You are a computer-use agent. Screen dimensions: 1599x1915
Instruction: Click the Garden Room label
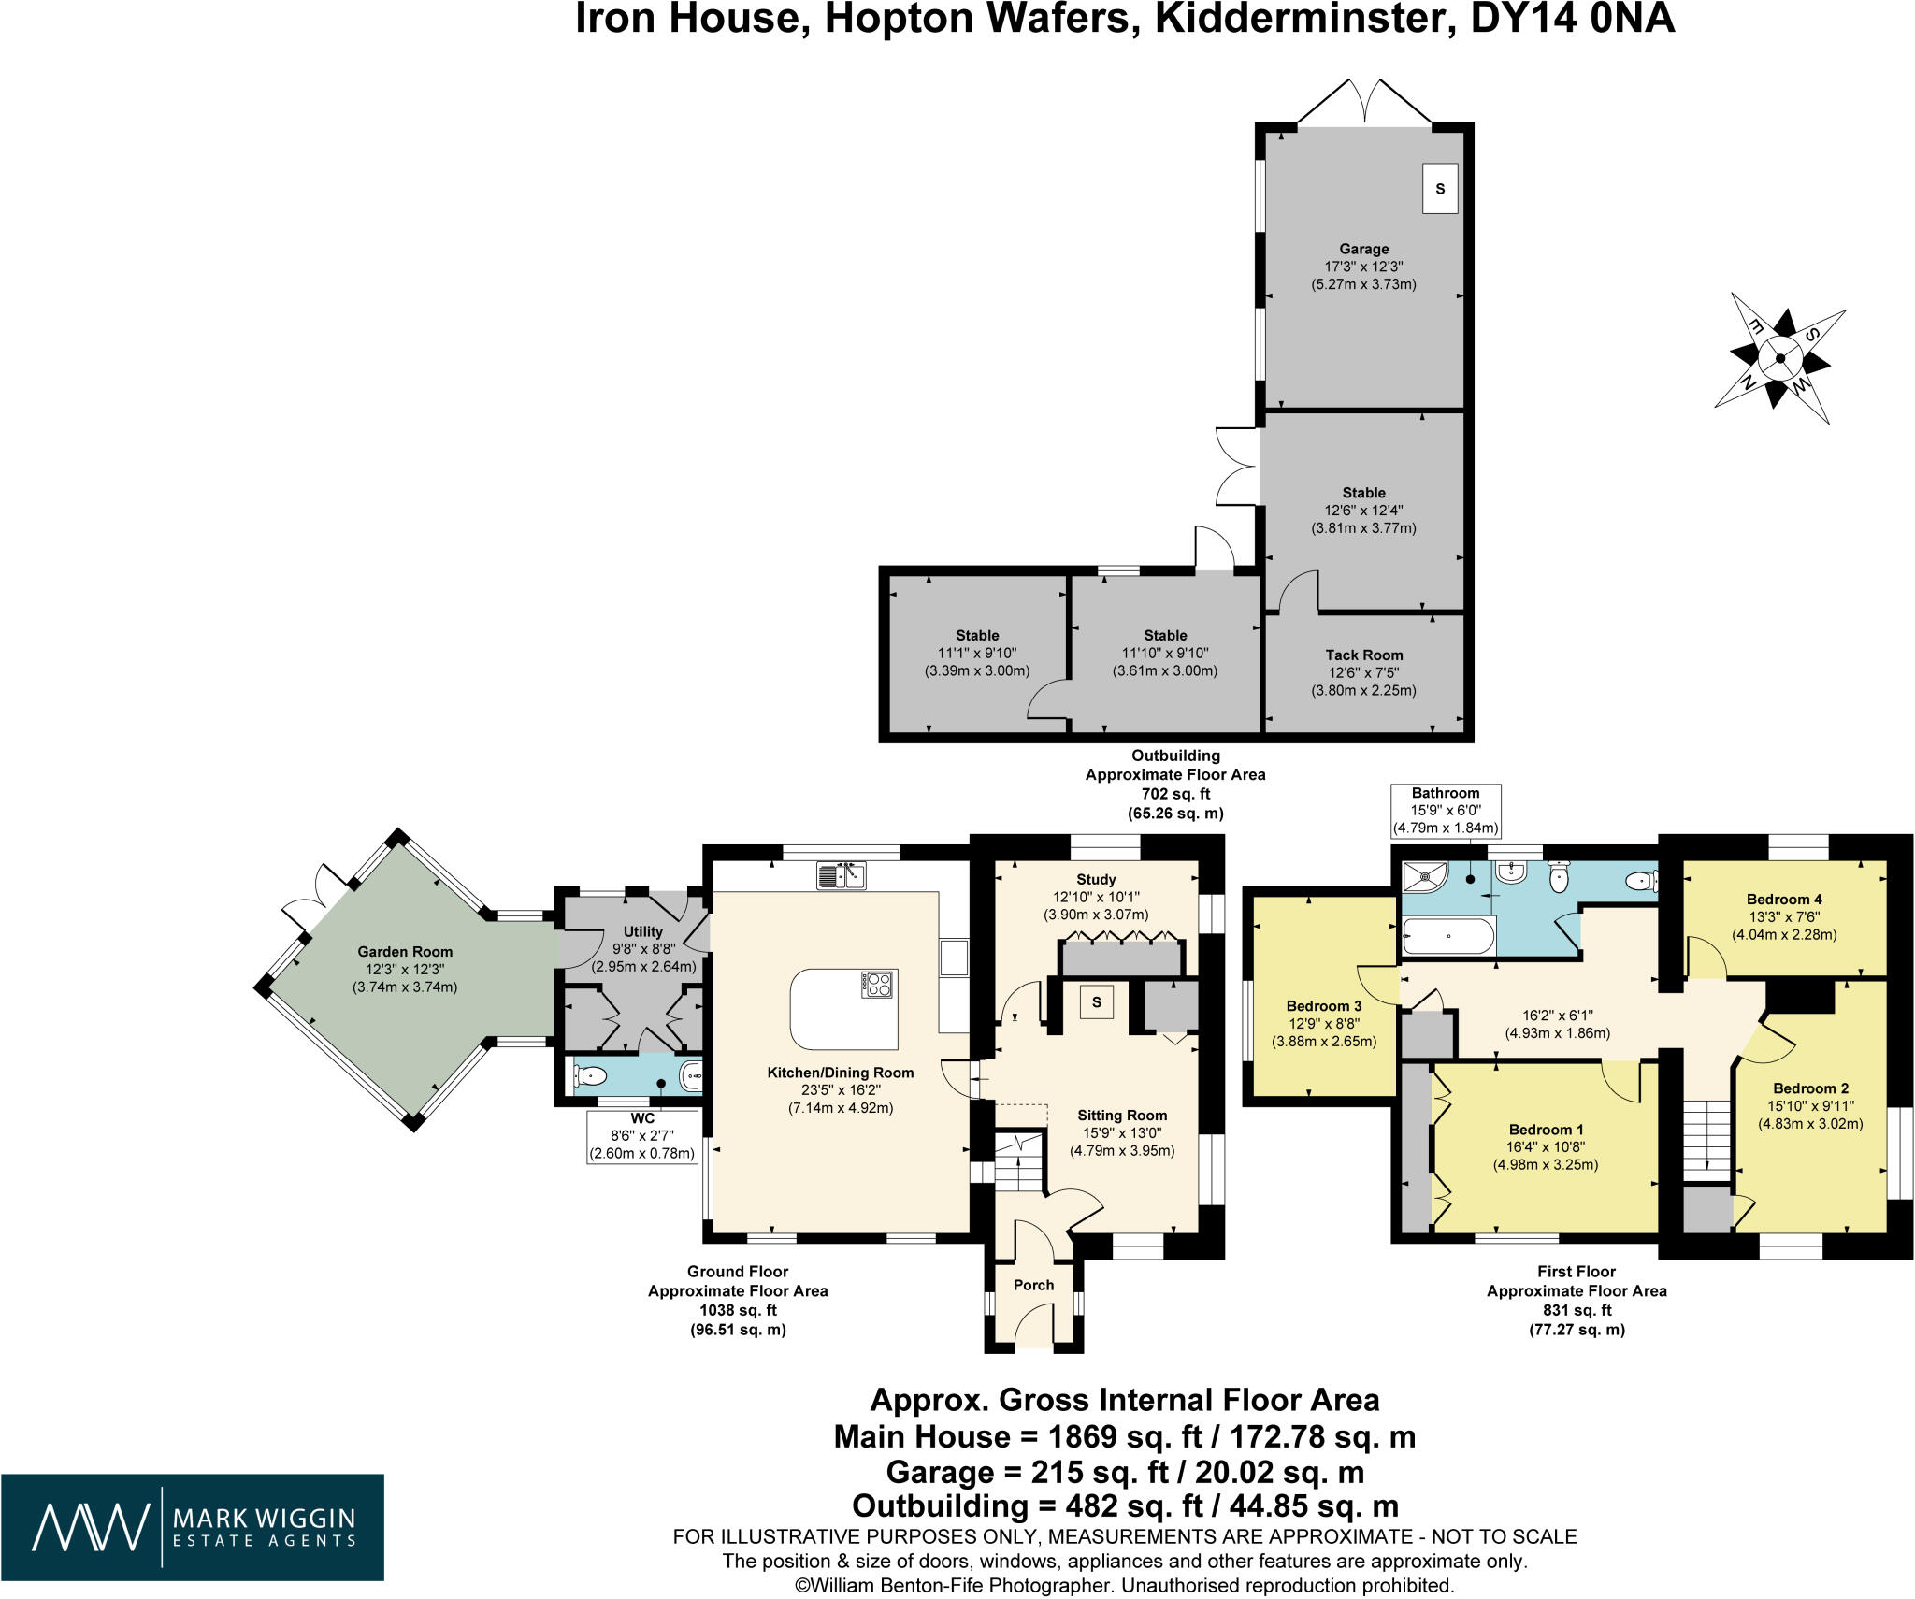pyautogui.click(x=404, y=952)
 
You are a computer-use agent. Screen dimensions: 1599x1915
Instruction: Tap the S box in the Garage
pyautogui.click(x=1440, y=189)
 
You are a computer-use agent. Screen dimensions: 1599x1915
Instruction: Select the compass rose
pyautogui.click(x=1779, y=358)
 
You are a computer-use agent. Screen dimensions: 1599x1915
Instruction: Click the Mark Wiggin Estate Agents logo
pyautogui.click(x=192, y=1527)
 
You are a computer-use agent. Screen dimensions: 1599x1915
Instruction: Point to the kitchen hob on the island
pyautogui.click(x=879, y=984)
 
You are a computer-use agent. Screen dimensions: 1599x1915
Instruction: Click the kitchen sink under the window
pyautogui.click(x=842, y=875)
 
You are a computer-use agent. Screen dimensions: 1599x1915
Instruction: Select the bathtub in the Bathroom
pyautogui.click(x=1448, y=935)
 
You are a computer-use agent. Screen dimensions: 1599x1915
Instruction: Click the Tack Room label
pyautogui.click(x=1363, y=655)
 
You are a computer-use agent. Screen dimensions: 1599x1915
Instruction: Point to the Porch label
pyautogui.click(x=1033, y=1285)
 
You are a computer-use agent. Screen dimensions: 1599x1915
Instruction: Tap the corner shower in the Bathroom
pyautogui.click(x=1424, y=877)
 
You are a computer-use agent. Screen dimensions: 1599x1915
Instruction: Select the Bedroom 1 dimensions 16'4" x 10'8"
pyautogui.click(x=1545, y=1146)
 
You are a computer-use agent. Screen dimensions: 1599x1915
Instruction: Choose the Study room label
pyautogui.click(x=1096, y=879)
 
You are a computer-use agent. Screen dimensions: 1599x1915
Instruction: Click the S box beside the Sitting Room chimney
pyautogui.click(x=1097, y=1002)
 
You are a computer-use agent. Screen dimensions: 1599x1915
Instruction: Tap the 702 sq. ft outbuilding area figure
pyautogui.click(x=1174, y=794)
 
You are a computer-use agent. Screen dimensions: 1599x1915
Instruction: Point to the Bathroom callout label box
pyautogui.click(x=1446, y=810)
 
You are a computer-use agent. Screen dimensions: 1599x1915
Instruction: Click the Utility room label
pyautogui.click(x=642, y=931)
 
